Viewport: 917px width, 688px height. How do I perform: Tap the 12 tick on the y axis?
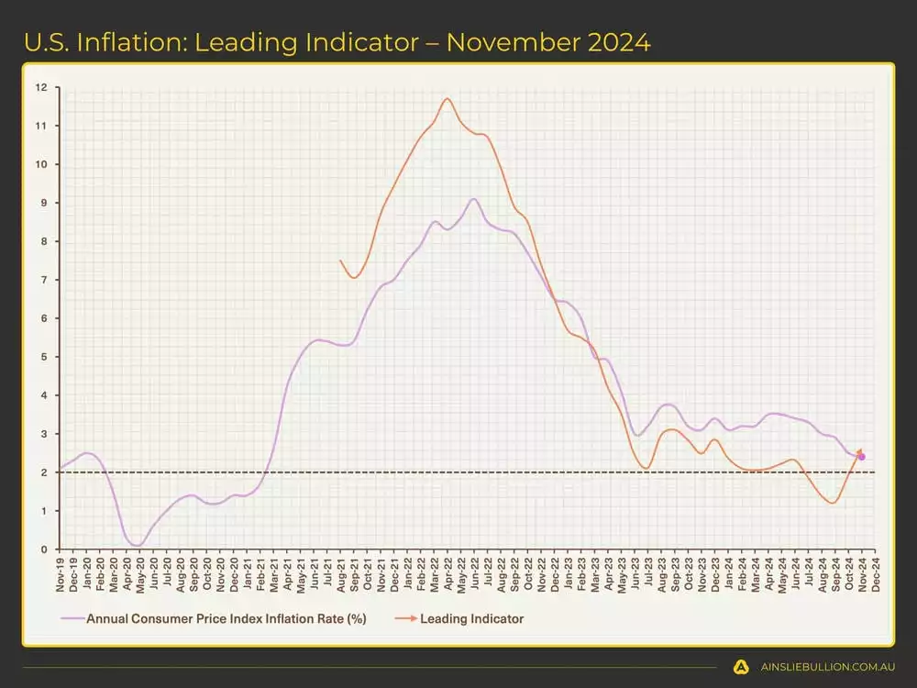pos(40,88)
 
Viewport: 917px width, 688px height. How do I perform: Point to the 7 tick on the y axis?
pos(42,280)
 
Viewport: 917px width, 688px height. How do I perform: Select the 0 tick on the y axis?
pos(42,549)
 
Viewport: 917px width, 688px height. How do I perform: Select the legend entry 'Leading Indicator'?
pos(471,618)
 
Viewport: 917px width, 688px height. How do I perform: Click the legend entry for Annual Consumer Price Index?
pos(226,618)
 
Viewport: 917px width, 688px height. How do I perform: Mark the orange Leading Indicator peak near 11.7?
pos(447,99)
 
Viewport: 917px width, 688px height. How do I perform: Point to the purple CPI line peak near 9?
pos(473,199)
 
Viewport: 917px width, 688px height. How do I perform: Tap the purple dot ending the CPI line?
pos(861,457)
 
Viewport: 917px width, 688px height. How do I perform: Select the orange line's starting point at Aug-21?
pos(340,261)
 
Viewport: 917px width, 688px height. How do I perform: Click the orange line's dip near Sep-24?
pos(832,503)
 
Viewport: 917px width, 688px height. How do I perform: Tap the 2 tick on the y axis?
pos(42,472)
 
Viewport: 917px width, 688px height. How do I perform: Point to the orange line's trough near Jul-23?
pos(646,468)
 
